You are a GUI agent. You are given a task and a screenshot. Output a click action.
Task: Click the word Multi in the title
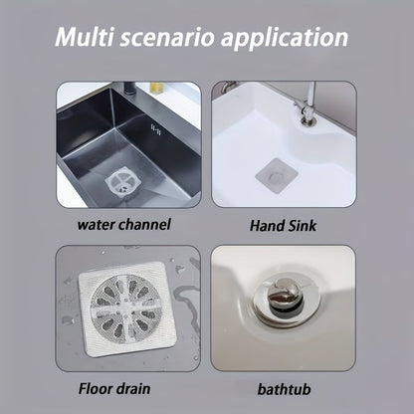click(x=85, y=37)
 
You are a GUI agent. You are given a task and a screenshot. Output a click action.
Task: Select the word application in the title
click(x=285, y=38)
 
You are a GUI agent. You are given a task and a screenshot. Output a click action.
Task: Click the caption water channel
click(x=123, y=225)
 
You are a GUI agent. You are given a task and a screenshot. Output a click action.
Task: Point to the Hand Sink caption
click(x=283, y=226)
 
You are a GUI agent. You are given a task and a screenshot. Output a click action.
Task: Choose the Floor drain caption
click(x=114, y=388)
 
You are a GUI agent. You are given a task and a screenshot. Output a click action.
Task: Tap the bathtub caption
click(x=284, y=389)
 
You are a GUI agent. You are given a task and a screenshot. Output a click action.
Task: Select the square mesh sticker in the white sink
click(x=277, y=175)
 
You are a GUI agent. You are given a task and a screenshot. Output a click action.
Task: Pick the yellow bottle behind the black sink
click(x=155, y=88)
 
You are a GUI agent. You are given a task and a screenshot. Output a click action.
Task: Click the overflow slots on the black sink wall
click(x=156, y=129)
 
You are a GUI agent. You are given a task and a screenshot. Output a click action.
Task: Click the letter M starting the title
click(x=67, y=37)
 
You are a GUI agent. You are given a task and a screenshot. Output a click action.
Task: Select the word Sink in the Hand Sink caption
click(x=302, y=226)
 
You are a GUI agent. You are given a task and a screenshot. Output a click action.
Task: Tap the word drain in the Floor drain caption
click(x=132, y=388)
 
